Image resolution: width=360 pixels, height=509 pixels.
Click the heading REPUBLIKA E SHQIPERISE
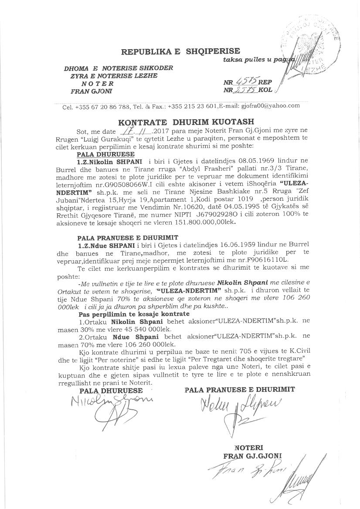click(x=180, y=52)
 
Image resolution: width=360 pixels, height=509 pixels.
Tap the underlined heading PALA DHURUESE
click(x=99, y=155)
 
